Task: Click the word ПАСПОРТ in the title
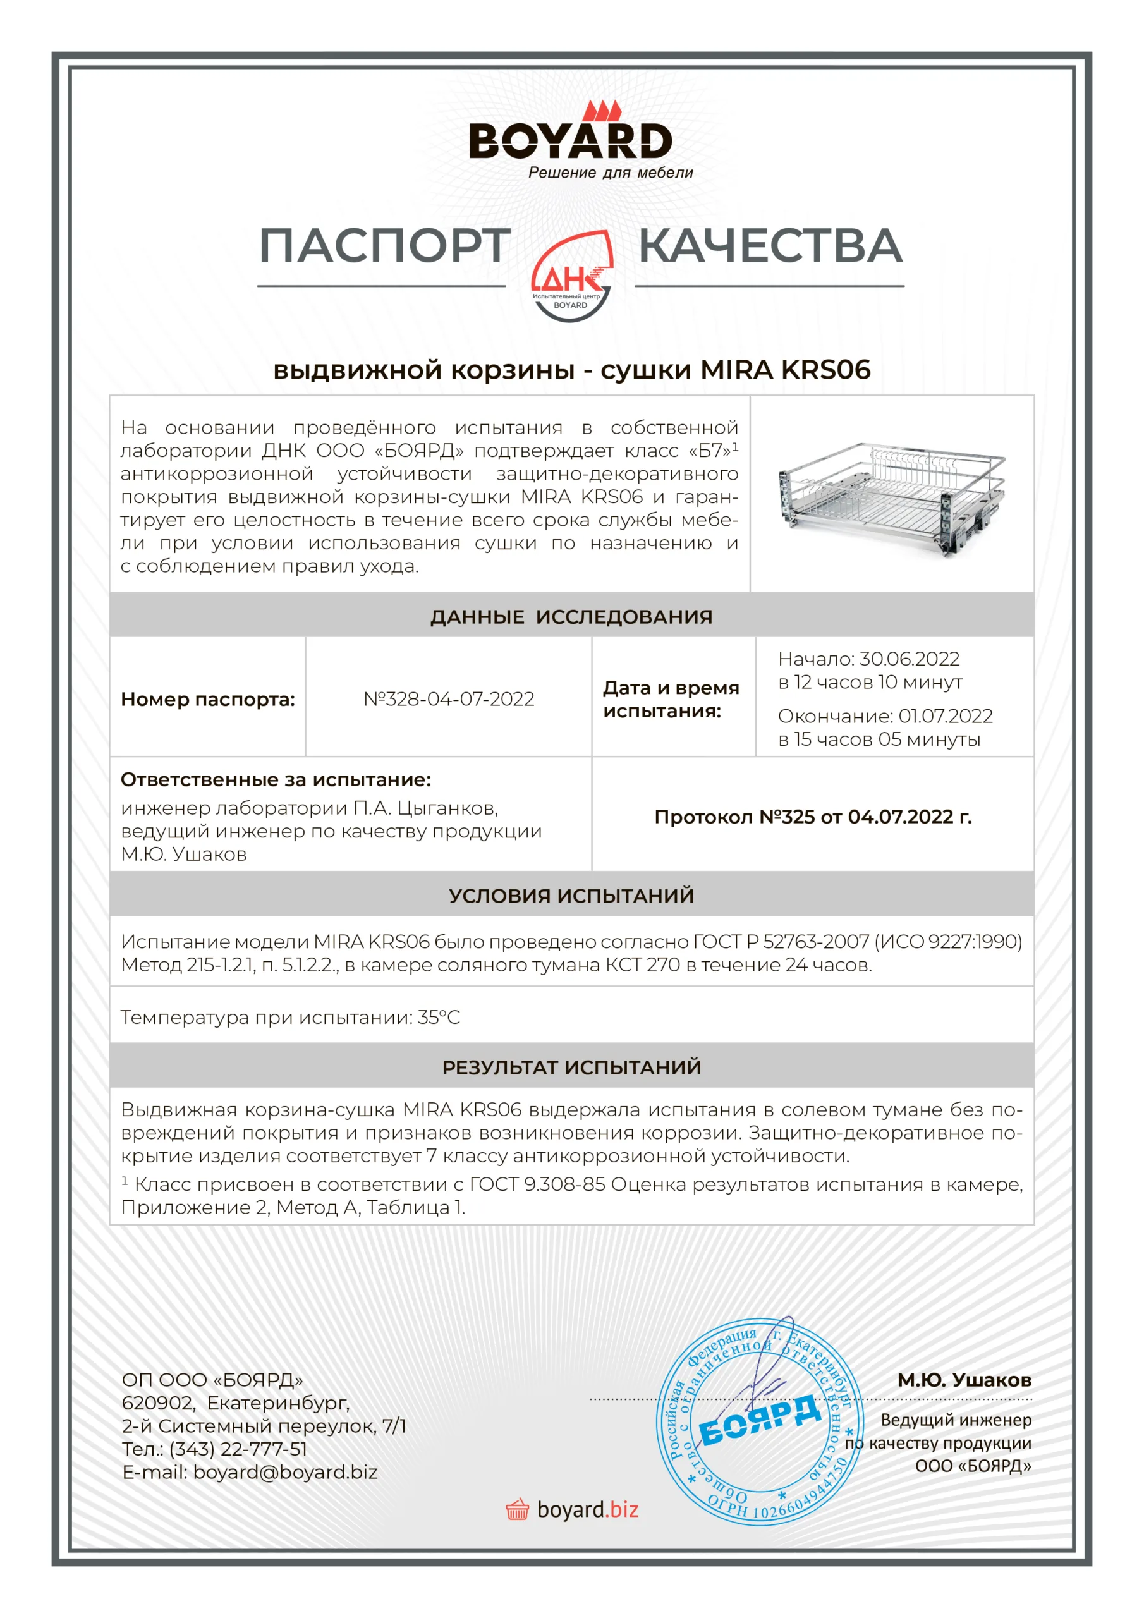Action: tap(384, 246)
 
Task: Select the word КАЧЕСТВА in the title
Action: tap(770, 246)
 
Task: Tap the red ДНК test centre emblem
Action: tap(571, 277)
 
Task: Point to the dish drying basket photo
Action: tap(892, 496)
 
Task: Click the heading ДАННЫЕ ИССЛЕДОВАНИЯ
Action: tap(571, 617)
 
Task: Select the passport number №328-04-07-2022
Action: tap(449, 699)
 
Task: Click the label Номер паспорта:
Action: tap(208, 700)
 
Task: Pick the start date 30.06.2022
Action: tap(910, 659)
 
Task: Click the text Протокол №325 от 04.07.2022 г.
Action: tap(813, 817)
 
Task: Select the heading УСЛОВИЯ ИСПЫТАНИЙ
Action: tap(571, 896)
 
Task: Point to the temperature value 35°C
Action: tap(439, 1018)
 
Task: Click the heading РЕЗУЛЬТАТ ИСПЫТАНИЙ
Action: tap(571, 1067)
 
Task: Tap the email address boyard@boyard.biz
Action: tap(286, 1472)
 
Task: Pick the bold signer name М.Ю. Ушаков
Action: tap(964, 1380)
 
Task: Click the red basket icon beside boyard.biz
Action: tap(518, 1509)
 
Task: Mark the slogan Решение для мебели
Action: tap(611, 173)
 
